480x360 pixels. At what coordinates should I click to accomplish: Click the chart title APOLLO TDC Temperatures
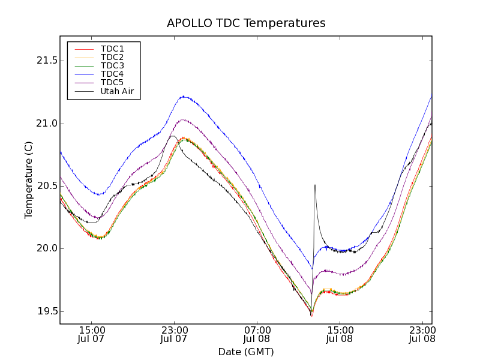tap(246, 23)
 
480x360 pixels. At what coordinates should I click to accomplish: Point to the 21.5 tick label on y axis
tap(46, 61)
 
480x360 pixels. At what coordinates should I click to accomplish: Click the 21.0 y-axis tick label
tap(46, 124)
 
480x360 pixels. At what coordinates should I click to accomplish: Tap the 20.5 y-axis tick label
tap(46, 186)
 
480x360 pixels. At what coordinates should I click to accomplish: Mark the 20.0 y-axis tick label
tap(46, 248)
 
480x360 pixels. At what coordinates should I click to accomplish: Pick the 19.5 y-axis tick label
tap(46, 311)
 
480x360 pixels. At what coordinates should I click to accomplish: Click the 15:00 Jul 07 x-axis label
tap(92, 335)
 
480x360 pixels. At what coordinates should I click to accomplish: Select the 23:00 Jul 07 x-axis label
tap(175, 335)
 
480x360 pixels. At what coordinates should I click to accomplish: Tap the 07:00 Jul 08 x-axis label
tap(257, 335)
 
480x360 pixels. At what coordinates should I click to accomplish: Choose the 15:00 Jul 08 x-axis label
tap(340, 335)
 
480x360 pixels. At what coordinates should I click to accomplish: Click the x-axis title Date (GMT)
tap(246, 352)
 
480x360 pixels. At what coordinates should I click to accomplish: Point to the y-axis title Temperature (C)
tap(29, 180)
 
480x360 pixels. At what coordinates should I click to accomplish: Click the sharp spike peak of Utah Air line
tap(315, 185)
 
